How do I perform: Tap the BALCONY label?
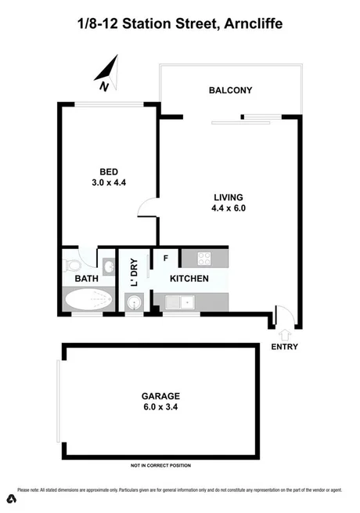point(230,91)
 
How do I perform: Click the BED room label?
point(108,172)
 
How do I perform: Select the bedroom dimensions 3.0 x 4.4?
point(108,182)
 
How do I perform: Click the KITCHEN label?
point(189,279)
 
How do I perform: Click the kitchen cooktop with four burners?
point(205,258)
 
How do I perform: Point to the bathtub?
point(88,301)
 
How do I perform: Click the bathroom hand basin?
point(108,266)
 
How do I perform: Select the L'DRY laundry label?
point(134,272)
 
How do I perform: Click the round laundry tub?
point(133,302)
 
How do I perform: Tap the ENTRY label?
point(284,346)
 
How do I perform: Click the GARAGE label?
point(161,396)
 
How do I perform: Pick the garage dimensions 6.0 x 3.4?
point(161,407)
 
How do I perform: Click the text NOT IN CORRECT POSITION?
point(160,466)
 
